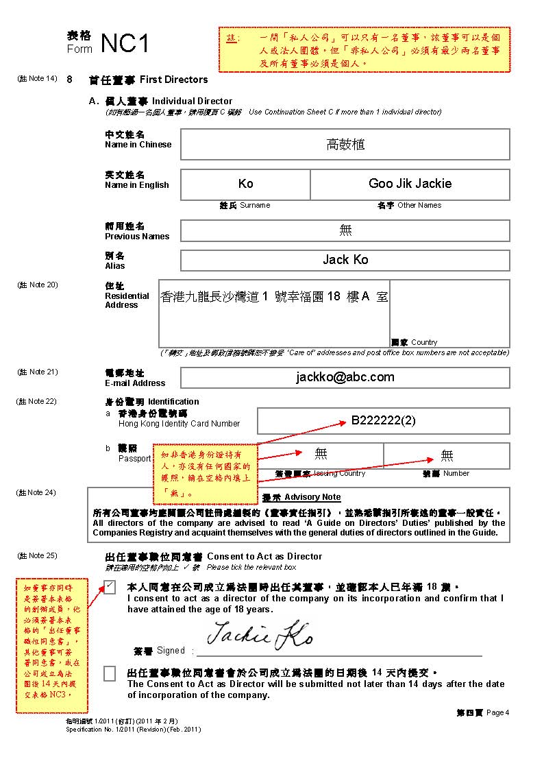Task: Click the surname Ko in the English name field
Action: tap(245, 184)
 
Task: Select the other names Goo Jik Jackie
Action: tap(410, 184)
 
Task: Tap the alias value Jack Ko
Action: tap(345, 260)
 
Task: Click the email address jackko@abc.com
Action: tap(345, 377)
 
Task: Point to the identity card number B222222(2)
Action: tap(383, 420)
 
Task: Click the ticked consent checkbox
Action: tap(110, 587)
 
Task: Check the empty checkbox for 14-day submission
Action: tap(110, 673)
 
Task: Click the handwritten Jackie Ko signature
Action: tap(260, 636)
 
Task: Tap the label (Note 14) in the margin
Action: tap(37, 79)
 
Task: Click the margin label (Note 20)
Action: tap(37, 285)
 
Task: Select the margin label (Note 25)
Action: tap(37, 555)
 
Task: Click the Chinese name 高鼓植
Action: tap(345, 145)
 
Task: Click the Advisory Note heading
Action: tap(312, 497)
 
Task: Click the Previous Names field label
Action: tap(137, 237)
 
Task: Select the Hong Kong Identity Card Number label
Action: tap(179, 424)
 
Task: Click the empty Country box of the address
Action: tap(449, 309)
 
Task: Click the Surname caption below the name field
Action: tap(254, 205)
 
